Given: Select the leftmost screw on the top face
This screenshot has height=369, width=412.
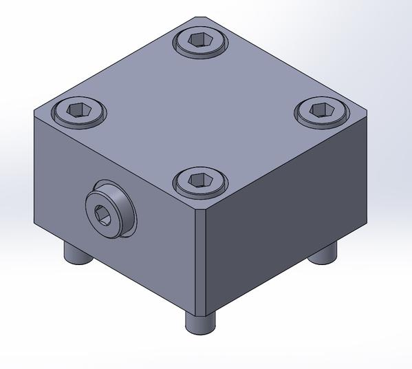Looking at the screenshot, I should click(x=79, y=111).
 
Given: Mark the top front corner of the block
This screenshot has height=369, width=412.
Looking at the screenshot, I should click(x=200, y=207).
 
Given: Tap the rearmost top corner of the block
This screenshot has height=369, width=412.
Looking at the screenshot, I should click(x=200, y=17).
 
